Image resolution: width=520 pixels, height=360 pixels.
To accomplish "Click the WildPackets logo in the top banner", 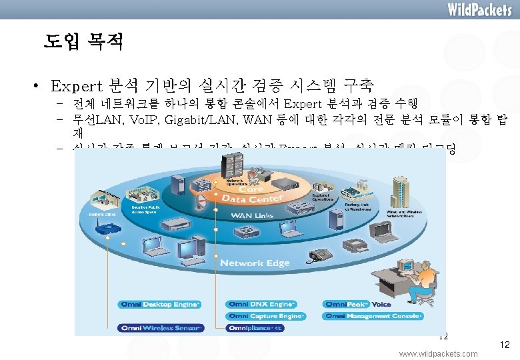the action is click(479, 9).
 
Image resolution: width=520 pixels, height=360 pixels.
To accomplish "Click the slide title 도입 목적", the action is click(83, 43).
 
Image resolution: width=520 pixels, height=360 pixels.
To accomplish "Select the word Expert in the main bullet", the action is click(75, 86).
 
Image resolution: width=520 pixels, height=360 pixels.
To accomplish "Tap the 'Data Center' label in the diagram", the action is click(252, 198).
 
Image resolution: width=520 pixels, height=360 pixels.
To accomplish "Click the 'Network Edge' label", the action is click(255, 263).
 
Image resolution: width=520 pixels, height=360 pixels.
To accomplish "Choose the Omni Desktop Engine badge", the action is click(159, 305).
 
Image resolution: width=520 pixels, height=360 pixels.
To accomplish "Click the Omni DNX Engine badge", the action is click(261, 305).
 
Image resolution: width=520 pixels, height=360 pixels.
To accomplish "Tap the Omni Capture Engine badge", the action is click(266, 316).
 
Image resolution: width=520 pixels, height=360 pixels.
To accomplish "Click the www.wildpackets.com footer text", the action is click(438, 353).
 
